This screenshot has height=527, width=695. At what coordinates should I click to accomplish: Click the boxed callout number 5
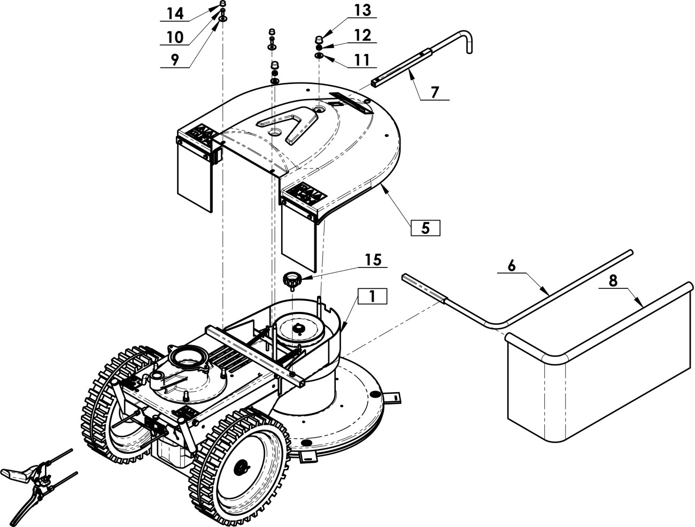coord(425,228)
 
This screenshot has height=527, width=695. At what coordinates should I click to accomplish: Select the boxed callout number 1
coord(372,296)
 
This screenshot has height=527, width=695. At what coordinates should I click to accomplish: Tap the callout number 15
coord(374,259)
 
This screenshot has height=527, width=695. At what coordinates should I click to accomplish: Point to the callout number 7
coord(435,92)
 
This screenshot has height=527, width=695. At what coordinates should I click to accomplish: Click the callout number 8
coord(613,280)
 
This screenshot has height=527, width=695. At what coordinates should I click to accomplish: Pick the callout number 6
coord(511,265)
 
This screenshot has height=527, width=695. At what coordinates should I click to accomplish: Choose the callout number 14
coord(175,13)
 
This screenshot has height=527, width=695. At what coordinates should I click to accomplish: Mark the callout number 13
coord(362,10)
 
